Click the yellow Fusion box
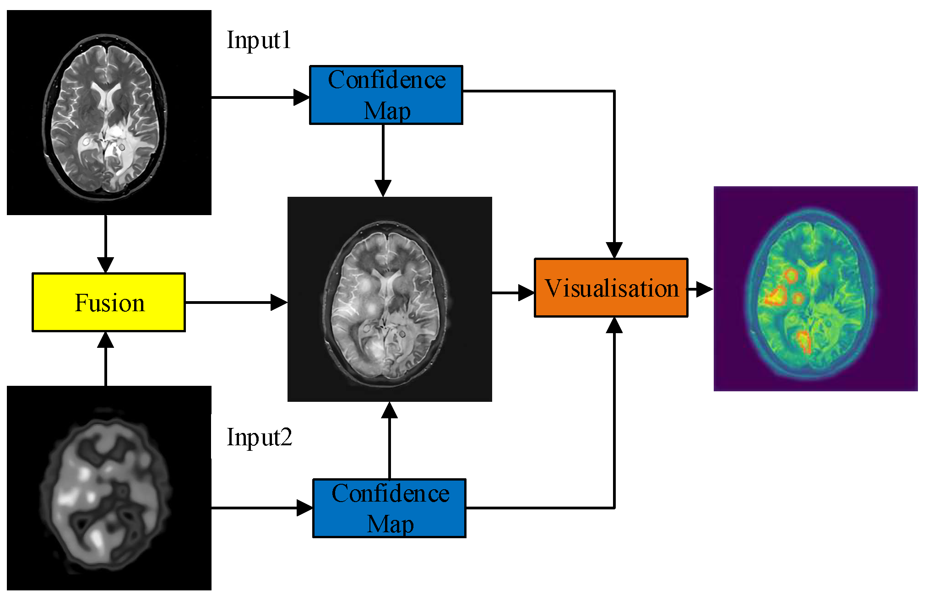(x=109, y=302)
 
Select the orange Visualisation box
(x=611, y=288)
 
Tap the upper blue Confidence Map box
(x=386, y=95)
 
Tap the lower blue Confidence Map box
(x=389, y=508)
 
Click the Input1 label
(x=259, y=40)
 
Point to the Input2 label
(x=259, y=437)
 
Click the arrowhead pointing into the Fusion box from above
(x=105, y=265)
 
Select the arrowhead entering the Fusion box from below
(x=105, y=340)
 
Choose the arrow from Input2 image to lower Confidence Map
(x=261, y=508)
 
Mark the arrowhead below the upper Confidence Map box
(x=383, y=188)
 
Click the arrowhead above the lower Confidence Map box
(x=389, y=411)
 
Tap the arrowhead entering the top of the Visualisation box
(x=614, y=250)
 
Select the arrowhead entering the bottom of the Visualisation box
(x=614, y=325)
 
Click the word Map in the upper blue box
(x=387, y=111)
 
